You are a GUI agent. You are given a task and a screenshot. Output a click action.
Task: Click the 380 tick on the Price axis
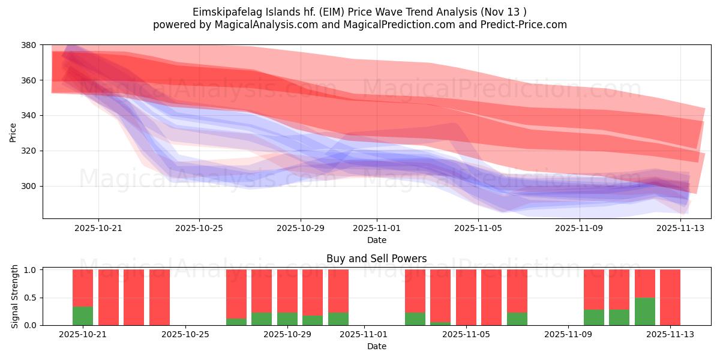pyautogui.click(x=29, y=45)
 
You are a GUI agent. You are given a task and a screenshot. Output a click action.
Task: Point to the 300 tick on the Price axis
pyautogui.click(x=29, y=186)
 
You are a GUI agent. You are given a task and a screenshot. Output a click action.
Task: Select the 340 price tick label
pyautogui.click(x=29, y=115)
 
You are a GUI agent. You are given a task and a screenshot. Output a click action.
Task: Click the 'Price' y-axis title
pyautogui.click(x=13, y=132)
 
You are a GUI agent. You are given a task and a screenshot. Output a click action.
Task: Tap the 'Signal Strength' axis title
pyautogui.click(x=16, y=296)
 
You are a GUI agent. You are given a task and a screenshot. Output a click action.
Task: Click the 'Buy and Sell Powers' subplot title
pyautogui.click(x=376, y=259)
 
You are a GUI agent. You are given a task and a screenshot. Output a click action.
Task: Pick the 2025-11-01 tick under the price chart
pyautogui.click(x=377, y=228)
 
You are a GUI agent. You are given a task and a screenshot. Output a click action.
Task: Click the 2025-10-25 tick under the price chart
pyautogui.click(x=199, y=228)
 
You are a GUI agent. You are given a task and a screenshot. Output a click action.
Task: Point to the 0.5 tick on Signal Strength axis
pyautogui.click(x=29, y=298)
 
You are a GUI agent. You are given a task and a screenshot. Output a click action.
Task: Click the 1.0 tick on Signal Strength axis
pyautogui.click(x=29, y=270)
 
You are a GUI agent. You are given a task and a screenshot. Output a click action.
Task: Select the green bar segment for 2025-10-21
pyautogui.click(x=83, y=316)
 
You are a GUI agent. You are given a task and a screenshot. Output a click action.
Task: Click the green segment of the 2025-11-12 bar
pyautogui.click(x=645, y=311)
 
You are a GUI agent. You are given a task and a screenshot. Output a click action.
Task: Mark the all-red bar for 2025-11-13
pyautogui.click(x=670, y=297)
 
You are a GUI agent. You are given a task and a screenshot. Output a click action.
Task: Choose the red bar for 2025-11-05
pyautogui.click(x=466, y=297)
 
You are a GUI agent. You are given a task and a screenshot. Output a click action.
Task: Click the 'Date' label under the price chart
pyautogui.click(x=376, y=240)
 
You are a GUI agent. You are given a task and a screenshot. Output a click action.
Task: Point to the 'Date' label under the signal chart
pyautogui.click(x=376, y=346)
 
